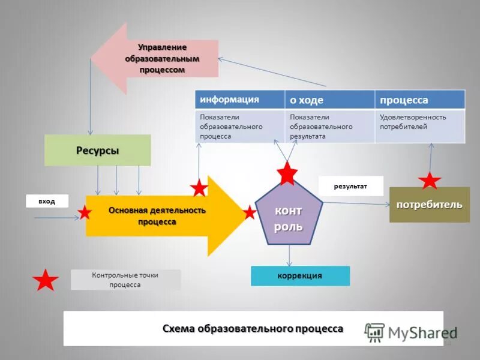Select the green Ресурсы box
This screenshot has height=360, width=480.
97,150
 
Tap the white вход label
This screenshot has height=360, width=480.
47,201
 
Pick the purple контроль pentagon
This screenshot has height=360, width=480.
289,217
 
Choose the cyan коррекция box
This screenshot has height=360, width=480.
300,275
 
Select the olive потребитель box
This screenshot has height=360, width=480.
429,205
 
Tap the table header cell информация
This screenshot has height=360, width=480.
240,100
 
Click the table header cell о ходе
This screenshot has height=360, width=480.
329,100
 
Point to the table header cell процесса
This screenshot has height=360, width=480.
419,100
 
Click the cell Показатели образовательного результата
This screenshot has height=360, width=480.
329,126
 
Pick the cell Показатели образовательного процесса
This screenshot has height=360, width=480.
240,126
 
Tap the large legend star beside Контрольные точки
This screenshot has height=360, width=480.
45,280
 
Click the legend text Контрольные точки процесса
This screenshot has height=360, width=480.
125,280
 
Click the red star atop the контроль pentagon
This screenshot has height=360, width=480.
288,173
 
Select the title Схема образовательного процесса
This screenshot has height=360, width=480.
253,328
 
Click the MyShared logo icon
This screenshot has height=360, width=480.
375,332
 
